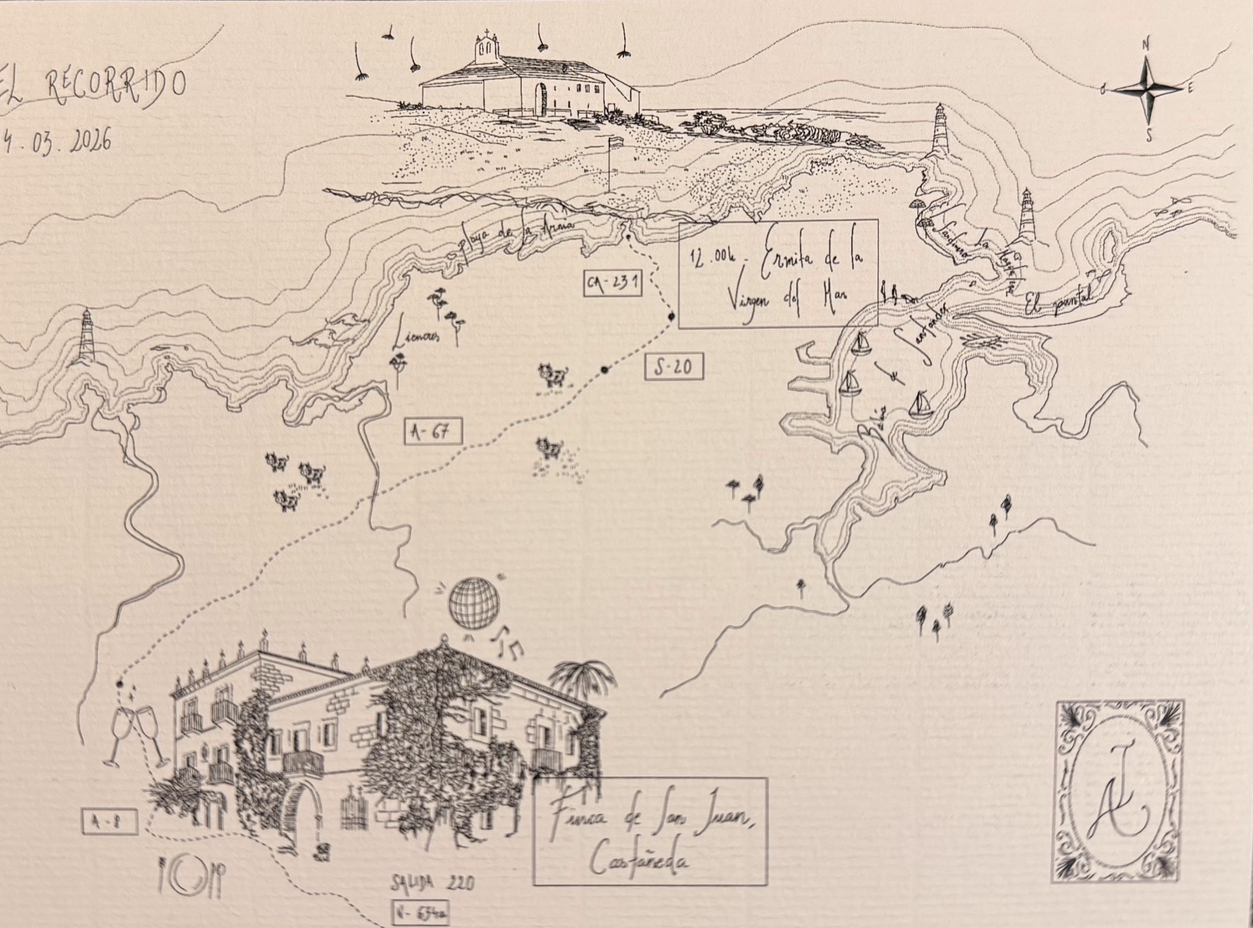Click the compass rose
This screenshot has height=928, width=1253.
coord(1147,89)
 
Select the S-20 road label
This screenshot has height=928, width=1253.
coord(674,366)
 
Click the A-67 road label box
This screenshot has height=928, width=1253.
coord(433,431)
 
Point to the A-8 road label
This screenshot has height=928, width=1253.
coord(109,822)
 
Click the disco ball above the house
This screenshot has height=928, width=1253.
coord(474,601)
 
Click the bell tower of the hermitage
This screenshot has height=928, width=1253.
coord(486,47)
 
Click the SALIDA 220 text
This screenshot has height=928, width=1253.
coord(433,883)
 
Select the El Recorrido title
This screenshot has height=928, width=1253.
coord(95,87)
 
